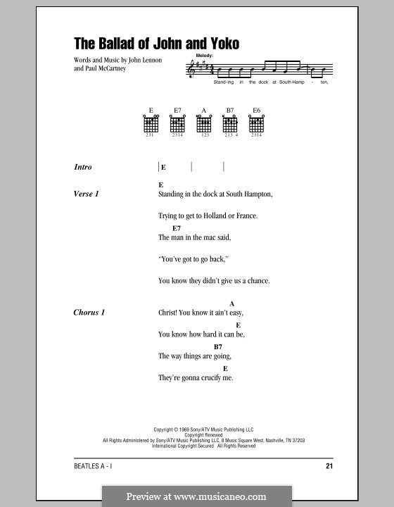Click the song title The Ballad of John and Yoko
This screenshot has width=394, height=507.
point(157,44)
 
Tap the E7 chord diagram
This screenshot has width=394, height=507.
point(178,124)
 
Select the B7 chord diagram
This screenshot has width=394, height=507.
point(230,124)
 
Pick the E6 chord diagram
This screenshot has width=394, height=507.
point(257,124)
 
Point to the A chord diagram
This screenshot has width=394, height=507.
point(204,124)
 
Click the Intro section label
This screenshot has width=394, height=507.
point(83,168)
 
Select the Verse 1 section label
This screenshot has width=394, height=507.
point(86,194)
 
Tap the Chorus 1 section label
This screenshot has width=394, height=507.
point(89,312)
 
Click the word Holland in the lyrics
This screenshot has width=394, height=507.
point(212,215)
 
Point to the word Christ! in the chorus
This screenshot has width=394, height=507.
point(170,313)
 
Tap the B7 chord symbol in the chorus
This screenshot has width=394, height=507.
point(218,347)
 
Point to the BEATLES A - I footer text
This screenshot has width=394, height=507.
point(95,467)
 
